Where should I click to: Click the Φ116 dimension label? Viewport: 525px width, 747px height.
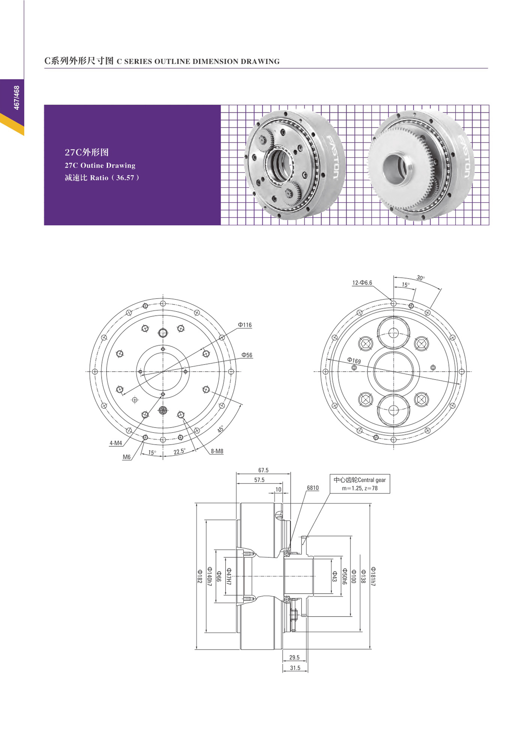point(245,325)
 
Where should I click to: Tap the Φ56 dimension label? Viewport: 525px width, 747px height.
point(247,355)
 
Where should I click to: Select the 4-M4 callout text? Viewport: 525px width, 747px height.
point(115,443)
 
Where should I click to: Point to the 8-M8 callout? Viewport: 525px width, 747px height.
point(217,451)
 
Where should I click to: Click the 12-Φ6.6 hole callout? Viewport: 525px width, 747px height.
point(362,283)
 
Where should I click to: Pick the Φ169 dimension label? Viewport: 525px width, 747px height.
point(354,360)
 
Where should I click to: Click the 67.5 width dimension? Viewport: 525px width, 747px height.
point(263,470)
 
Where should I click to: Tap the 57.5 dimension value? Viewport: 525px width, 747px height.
point(259,480)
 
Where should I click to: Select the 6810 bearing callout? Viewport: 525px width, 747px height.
point(313,488)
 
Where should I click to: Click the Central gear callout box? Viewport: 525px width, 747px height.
point(360,484)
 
